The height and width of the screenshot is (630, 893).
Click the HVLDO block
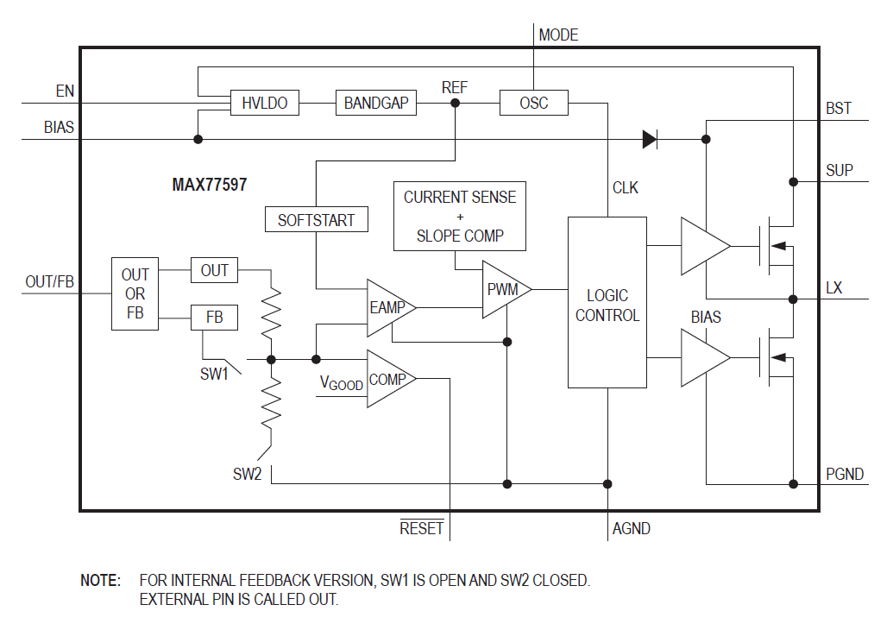(x=264, y=104)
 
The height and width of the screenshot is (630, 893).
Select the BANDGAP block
(x=376, y=104)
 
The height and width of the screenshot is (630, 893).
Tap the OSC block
(x=533, y=104)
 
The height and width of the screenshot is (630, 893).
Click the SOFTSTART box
(x=316, y=220)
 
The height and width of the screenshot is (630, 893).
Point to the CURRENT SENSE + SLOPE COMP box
(x=460, y=216)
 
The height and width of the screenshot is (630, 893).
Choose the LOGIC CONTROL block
(x=607, y=303)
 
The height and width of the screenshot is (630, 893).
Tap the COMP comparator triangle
(x=387, y=379)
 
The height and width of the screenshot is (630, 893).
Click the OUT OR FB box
(x=135, y=293)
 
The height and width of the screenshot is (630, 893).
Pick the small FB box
(x=215, y=318)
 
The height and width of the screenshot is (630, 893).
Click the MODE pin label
(x=558, y=35)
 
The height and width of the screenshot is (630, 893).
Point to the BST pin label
(x=838, y=109)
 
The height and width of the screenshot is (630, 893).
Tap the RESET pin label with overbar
(x=422, y=528)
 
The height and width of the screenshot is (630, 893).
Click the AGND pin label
(x=631, y=528)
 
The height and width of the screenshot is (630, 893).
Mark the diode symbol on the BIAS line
(x=650, y=138)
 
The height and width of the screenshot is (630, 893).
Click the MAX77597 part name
(x=210, y=185)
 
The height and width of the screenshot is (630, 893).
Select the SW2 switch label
(x=247, y=474)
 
